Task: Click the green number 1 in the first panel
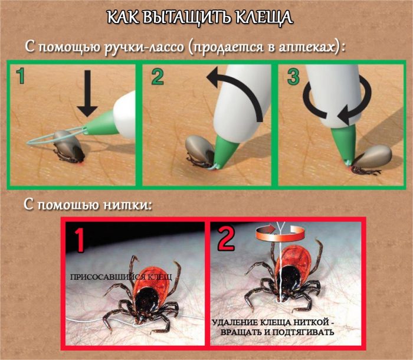click(21, 76)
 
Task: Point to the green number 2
click(158, 77)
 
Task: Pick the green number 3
click(293, 77)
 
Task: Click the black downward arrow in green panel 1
click(87, 93)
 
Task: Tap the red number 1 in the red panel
click(80, 240)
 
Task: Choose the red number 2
click(226, 239)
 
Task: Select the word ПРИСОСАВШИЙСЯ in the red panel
click(108, 277)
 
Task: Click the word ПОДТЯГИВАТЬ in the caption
click(303, 332)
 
